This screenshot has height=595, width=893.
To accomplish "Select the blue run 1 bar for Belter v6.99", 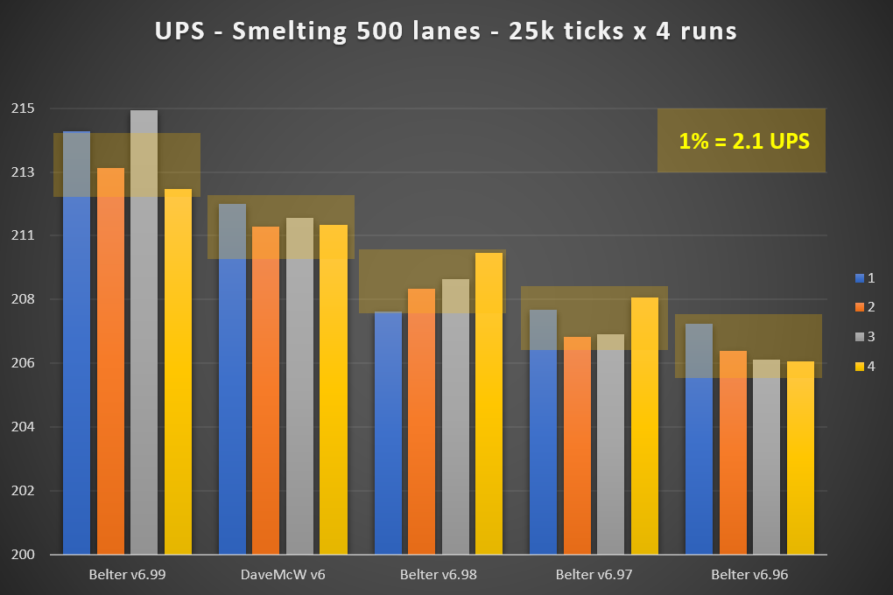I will click(x=76, y=350).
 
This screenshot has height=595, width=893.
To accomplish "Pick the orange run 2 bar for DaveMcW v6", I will click(x=265, y=394).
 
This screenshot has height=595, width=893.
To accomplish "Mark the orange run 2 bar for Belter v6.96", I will click(x=733, y=455).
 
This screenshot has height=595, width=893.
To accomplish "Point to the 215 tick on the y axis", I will click(x=24, y=108).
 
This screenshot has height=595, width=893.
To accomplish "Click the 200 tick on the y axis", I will click(x=24, y=554).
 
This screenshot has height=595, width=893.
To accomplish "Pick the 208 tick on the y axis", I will click(x=24, y=299).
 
